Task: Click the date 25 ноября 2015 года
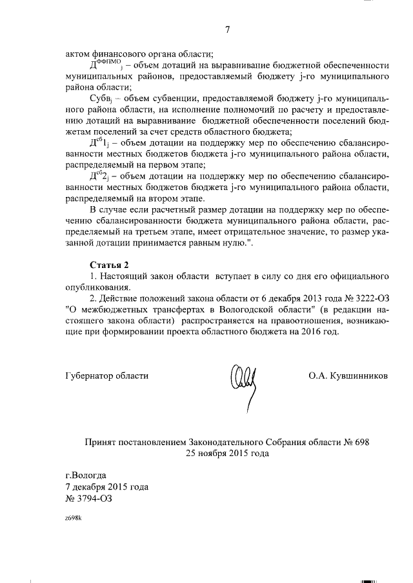coord(227,453)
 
